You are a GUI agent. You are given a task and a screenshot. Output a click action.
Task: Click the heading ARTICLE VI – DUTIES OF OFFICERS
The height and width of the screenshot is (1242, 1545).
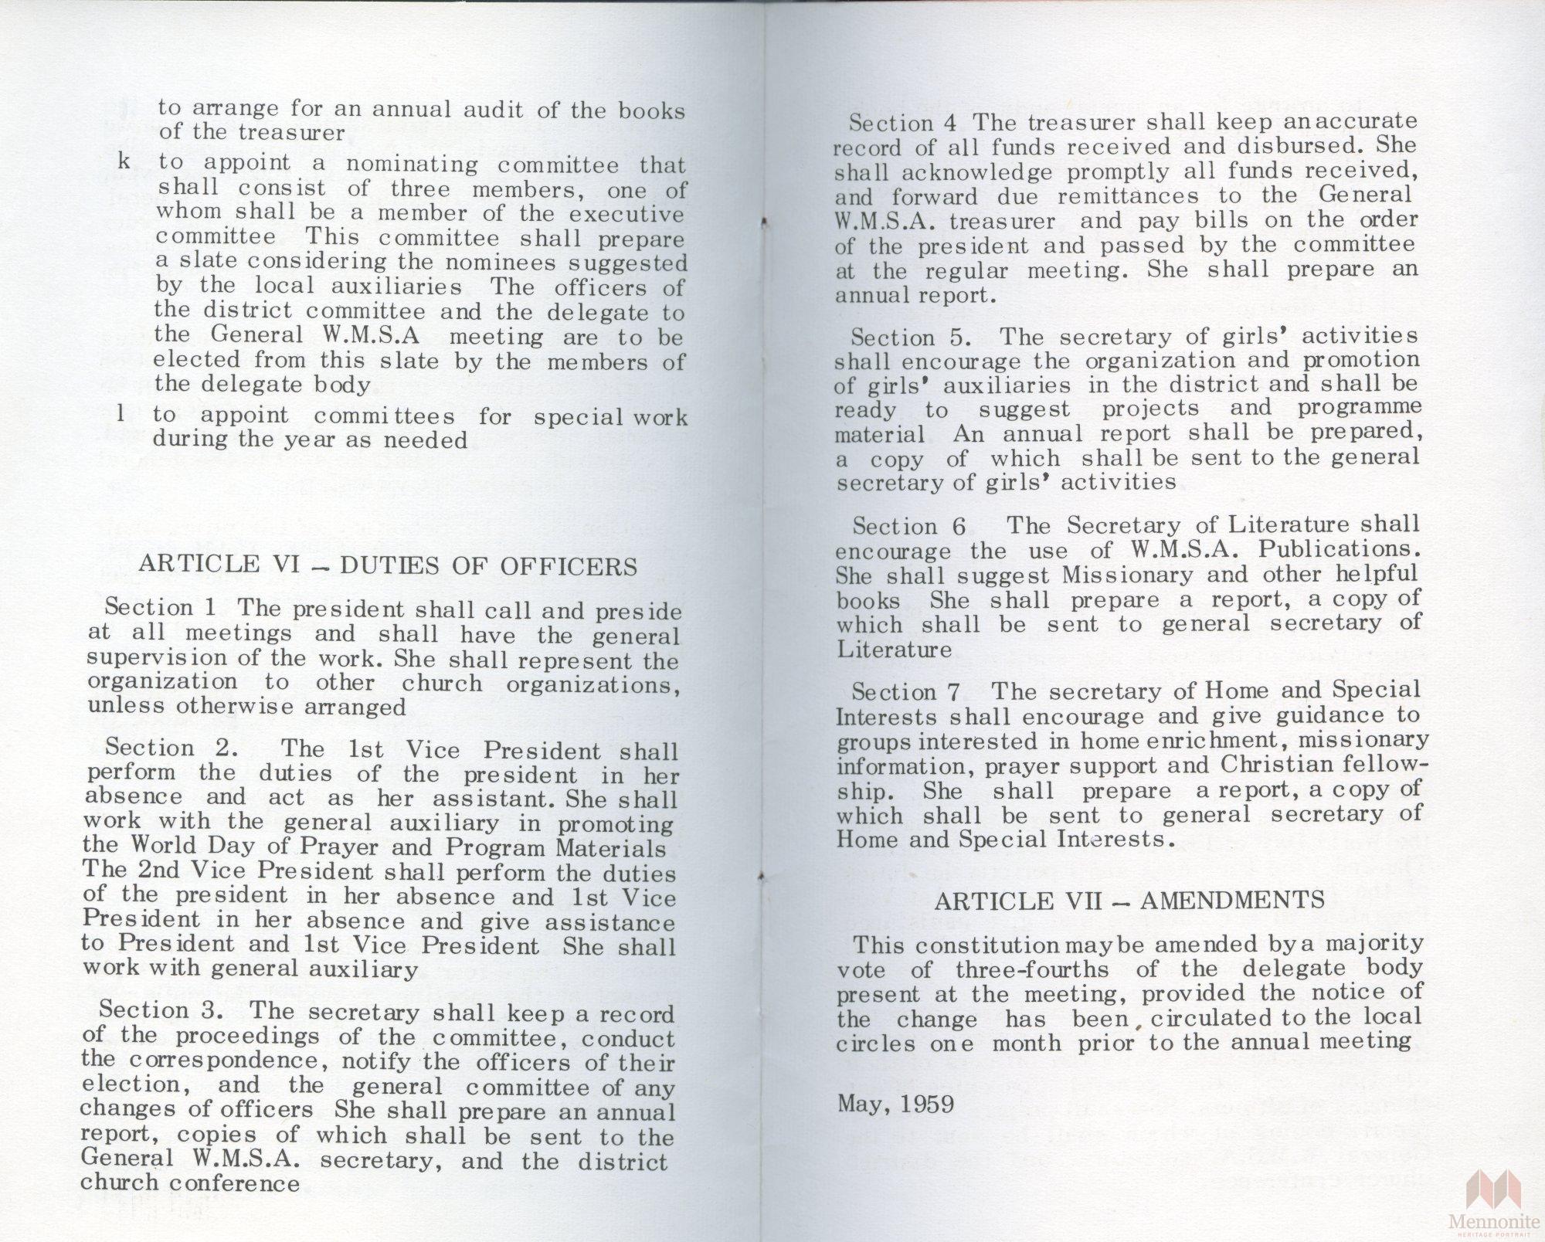point(388,566)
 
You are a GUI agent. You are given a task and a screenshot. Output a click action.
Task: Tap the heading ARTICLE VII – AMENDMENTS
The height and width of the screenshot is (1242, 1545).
point(1129,900)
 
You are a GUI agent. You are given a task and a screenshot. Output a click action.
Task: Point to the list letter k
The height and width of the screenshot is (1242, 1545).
point(124,162)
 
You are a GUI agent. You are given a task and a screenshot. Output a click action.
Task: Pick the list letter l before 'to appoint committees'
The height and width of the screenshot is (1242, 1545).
point(121,414)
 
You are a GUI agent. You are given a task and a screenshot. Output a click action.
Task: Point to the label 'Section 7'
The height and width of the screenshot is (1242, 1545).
point(905,691)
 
